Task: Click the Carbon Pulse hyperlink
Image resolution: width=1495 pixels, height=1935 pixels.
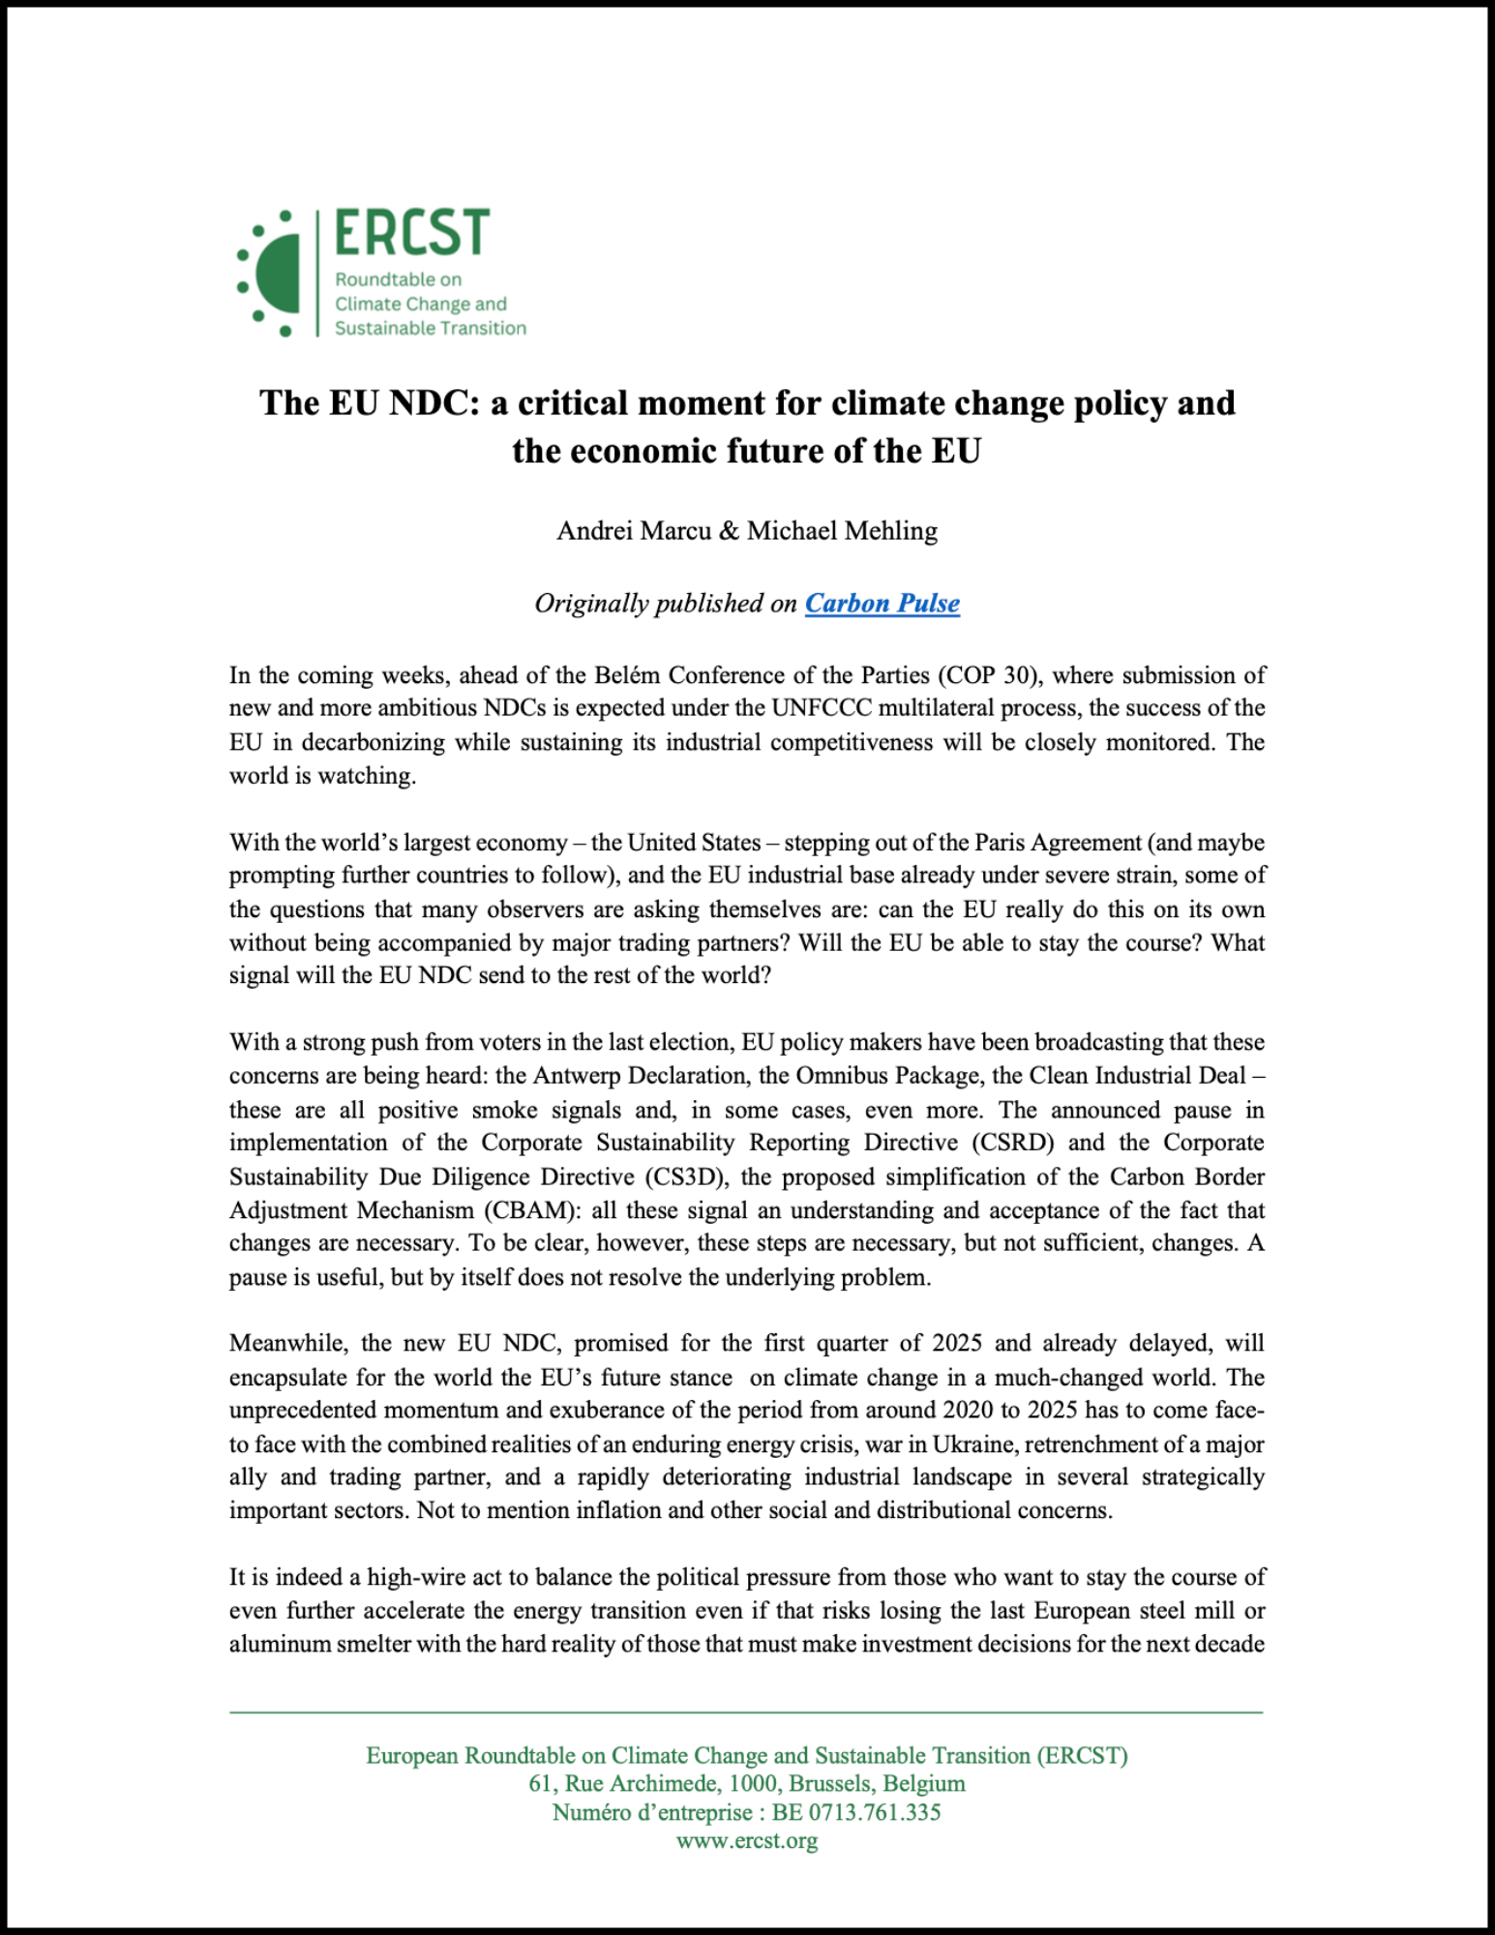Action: [x=882, y=604]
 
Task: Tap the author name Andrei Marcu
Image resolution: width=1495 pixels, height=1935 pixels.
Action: [x=634, y=531]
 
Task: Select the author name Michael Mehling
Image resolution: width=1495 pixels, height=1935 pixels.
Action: [x=842, y=531]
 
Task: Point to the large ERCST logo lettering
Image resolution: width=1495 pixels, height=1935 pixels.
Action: [x=412, y=233]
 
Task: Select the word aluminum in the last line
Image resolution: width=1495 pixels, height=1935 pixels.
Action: [x=280, y=1645]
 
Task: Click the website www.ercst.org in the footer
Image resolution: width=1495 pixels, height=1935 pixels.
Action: [x=747, y=1840]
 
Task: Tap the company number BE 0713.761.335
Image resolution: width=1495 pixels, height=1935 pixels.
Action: [x=856, y=1812]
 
